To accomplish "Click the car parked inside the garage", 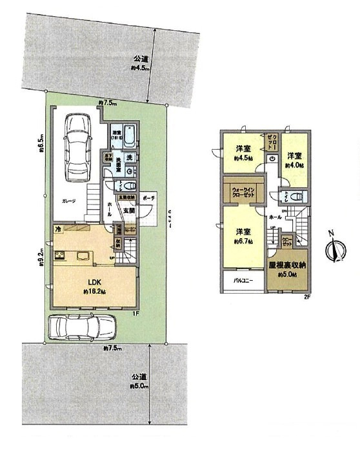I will (78, 148).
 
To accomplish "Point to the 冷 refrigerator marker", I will (57, 229).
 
